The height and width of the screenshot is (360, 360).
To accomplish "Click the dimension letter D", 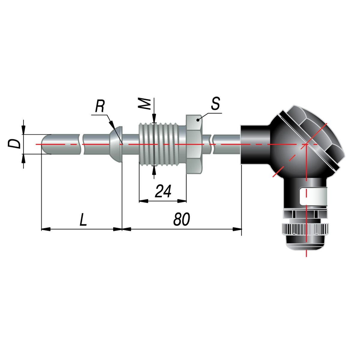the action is pyautogui.click(x=14, y=144).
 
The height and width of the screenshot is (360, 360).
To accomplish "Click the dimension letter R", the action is pyautogui.click(x=100, y=106).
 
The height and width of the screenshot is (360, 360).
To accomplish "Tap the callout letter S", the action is pyautogui.click(x=215, y=103).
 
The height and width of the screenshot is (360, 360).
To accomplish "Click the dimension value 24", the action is pyautogui.click(x=163, y=191).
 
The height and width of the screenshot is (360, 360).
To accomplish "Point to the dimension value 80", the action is pyautogui.click(x=181, y=219).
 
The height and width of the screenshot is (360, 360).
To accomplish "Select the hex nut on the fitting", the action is pyautogui.click(x=194, y=144).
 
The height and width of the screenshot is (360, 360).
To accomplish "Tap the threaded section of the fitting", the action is pyautogui.click(x=159, y=144).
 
